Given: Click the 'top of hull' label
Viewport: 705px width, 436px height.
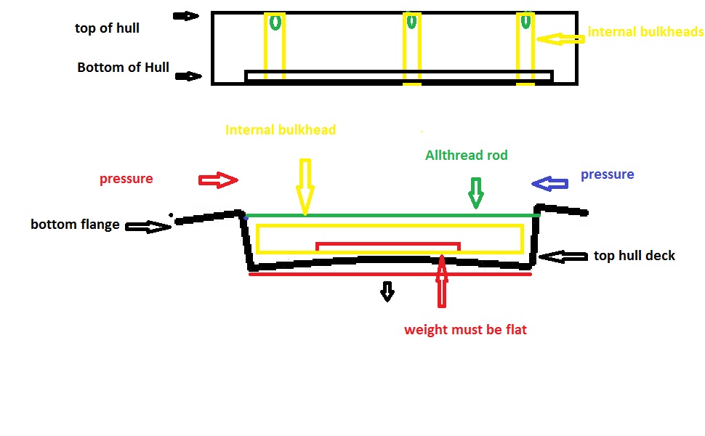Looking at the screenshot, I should pos(107,28).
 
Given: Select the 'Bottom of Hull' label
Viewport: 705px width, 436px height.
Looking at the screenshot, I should pos(123,68).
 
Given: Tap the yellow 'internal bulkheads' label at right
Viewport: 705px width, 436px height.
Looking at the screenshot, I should pos(645,32).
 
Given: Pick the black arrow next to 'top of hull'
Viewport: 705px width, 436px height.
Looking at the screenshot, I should pos(186,15).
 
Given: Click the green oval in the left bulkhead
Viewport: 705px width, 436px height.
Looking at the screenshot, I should pos(275,23).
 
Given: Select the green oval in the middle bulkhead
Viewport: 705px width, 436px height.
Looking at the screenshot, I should pos(411,22).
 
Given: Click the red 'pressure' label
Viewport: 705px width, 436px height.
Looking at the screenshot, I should pos(126,179).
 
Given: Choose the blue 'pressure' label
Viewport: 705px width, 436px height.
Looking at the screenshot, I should pos(607,174).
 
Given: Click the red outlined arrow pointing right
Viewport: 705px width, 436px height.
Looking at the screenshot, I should pos(218,180).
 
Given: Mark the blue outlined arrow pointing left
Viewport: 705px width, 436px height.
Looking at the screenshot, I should pos(551,185).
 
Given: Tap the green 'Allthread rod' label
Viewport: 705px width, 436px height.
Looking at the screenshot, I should pos(466,155).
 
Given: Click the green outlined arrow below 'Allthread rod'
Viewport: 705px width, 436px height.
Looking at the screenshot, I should pos(475,193).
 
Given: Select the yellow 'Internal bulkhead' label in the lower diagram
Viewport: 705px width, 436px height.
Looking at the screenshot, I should pos(281,130).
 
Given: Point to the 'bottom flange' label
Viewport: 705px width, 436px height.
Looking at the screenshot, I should pos(75,224).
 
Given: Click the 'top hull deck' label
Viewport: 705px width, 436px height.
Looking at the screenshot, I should pos(634,255).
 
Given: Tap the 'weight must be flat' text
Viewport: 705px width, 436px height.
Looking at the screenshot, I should pos(465,330).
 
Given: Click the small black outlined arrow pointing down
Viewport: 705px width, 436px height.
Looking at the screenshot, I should pos(387,291).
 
